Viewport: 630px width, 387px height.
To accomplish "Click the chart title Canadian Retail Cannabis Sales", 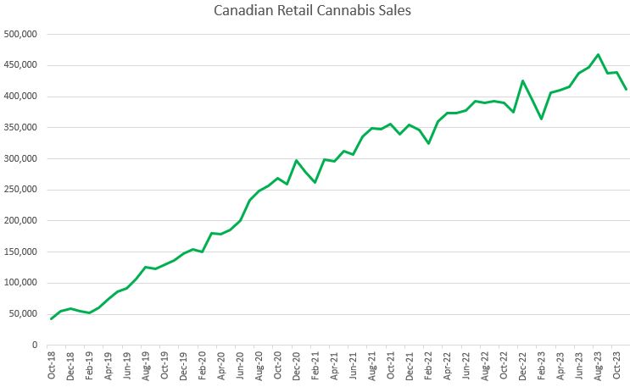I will pyautogui.click(x=315, y=12).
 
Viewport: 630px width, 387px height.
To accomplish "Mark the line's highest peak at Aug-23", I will pyautogui.click(x=599, y=54).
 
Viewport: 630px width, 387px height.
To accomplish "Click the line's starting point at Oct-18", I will pyautogui.click(x=52, y=318).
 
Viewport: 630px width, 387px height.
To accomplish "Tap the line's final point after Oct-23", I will pyautogui.click(x=626, y=89).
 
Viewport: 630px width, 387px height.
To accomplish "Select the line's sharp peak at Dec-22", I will pyautogui.click(x=523, y=80).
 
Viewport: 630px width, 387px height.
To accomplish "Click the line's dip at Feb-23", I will pyautogui.click(x=542, y=119).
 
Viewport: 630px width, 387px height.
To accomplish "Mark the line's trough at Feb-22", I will pyautogui.click(x=429, y=143).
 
